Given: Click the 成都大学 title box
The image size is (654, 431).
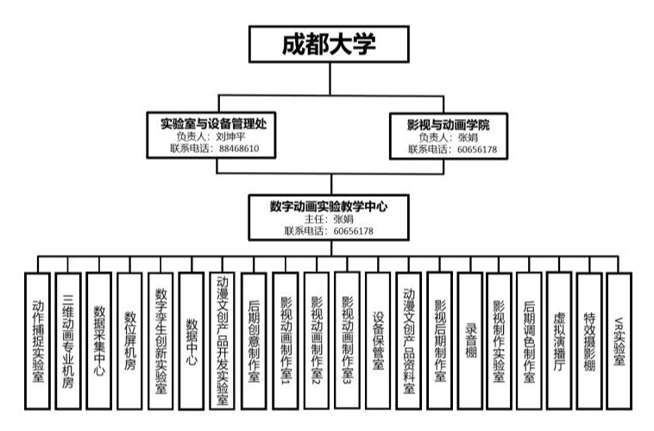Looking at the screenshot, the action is pyautogui.click(x=329, y=44).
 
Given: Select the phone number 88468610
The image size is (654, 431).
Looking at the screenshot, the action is pyautogui.click(x=239, y=149).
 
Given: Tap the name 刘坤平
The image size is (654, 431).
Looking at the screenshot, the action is pyautogui.click(x=230, y=136).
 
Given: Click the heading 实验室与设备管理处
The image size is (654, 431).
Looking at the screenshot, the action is pyautogui.click(x=213, y=124).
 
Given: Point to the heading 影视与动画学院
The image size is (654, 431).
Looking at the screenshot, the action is pyautogui.click(x=449, y=124).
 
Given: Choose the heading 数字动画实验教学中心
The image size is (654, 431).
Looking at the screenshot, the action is pyautogui.click(x=329, y=206).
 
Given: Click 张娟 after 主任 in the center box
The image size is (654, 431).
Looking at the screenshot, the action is pyautogui.click(x=343, y=219).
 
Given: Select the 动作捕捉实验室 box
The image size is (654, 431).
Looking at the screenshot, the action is pyautogui.click(x=38, y=341).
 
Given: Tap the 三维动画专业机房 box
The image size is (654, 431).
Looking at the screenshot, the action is pyautogui.click(x=68, y=341).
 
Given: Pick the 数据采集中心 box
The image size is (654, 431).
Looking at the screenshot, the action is pyautogui.click(x=99, y=341).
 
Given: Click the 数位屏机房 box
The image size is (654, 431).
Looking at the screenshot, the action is pyautogui.click(x=129, y=341).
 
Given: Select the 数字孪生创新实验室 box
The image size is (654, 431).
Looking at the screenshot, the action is pyautogui.click(x=160, y=341).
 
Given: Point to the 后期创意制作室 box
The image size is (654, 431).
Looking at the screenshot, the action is pyautogui.click(x=254, y=341).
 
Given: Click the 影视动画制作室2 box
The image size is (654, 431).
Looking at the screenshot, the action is pyautogui.click(x=317, y=341).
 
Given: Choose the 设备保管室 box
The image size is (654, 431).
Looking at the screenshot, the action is pyautogui.click(x=378, y=341).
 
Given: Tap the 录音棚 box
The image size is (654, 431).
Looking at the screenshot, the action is pyautogui.click(x=470, y=341).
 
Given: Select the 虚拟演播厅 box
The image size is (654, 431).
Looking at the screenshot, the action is pyautogui.click(x=559, y=341).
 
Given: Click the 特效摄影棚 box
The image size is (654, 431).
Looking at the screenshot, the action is pyautogui.click(x=589, y=341).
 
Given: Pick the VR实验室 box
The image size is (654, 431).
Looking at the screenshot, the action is pyautogui.click(x=619, y=341).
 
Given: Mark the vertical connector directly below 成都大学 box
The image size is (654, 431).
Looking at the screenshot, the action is pyautogui.click(x=330, y=79).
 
